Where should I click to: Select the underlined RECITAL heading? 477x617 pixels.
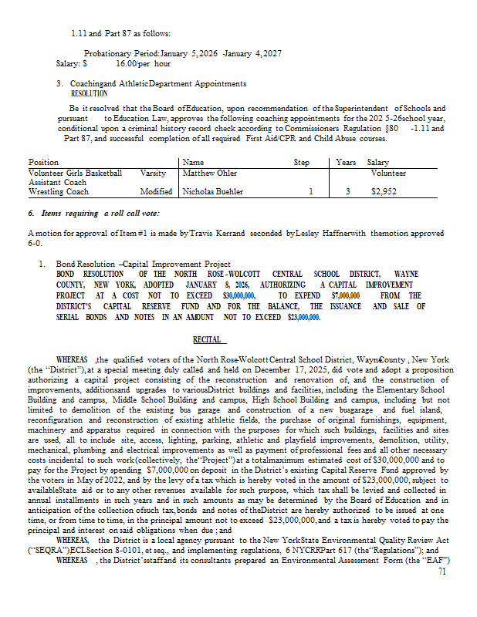pos(207,339)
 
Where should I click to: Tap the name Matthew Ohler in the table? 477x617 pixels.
pos(210,174)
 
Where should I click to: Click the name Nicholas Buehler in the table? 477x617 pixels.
pos(213,191)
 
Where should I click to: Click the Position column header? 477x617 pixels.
pos(43,163)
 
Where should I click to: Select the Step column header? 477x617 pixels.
pos(302,163)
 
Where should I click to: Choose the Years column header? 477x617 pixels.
pos(346,163)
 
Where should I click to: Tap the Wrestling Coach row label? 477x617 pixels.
pos(59,191)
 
